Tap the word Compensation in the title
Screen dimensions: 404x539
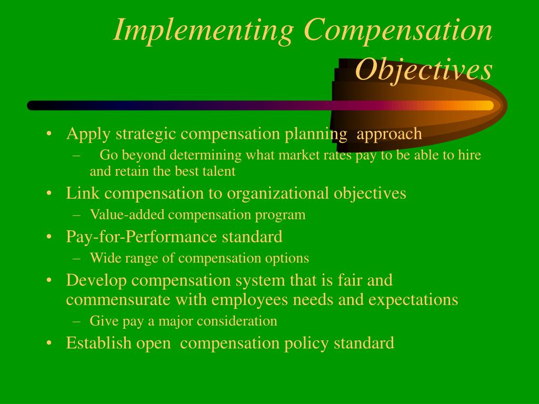[x=397, y=31]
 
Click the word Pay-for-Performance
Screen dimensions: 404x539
[x=142, y=237]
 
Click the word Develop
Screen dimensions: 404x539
[x=96, y=280]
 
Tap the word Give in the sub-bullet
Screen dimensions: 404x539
[x=102, y=321]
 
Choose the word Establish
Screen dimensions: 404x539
[x=98, y=344]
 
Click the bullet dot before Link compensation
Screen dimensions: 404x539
[x=49, y=194]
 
